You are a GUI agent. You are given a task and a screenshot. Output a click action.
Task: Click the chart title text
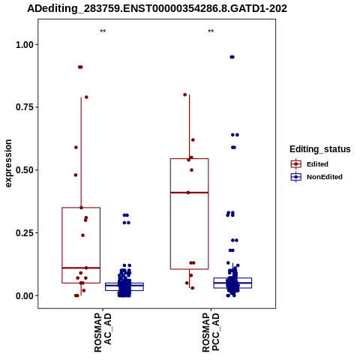(157, 9)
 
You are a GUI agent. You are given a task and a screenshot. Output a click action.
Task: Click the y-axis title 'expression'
(8, 163)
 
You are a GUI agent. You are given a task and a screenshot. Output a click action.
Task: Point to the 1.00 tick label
(25, 45)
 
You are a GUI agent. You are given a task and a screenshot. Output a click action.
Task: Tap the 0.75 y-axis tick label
(25, 107)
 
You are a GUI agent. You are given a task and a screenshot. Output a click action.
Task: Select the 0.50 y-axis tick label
(25, 170)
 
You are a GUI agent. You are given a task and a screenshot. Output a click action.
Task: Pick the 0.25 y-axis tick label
(25, 232)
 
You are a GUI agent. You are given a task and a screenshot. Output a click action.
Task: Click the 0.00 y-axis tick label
(25, 295)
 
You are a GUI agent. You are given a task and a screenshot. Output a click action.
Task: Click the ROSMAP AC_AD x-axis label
(103, 332)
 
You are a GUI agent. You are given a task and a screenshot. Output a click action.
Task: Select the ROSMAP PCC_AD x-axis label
(211, 332)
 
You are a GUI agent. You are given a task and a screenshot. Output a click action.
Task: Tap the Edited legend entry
(317, 164)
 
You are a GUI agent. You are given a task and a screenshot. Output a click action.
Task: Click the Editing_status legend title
(320, 149)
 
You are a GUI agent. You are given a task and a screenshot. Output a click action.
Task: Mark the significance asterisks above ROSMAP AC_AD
(103, 31)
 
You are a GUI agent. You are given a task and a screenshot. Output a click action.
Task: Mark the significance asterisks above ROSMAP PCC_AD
(211, 31)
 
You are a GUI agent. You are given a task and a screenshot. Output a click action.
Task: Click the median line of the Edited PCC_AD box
(189, 193)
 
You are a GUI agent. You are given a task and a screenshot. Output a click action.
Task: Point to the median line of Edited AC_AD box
(81, 268)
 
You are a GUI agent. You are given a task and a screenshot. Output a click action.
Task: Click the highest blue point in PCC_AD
(232, 57)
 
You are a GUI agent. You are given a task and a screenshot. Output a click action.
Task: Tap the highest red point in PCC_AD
(185, 94)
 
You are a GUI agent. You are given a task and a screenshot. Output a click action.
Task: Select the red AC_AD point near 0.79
(86, 97)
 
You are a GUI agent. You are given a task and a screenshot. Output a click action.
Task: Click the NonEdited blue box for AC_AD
(124, 286)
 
